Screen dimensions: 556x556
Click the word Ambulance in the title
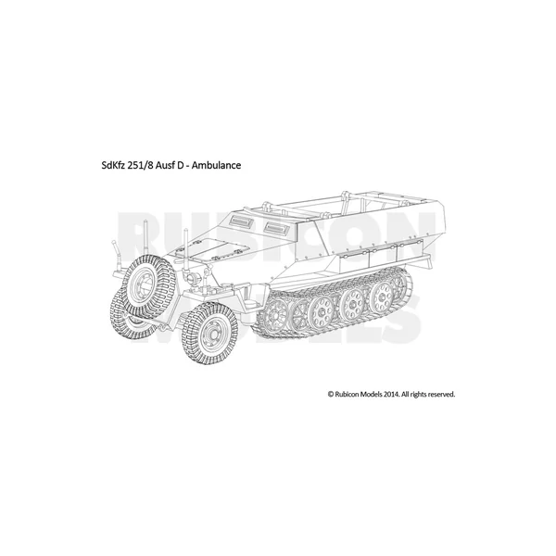point(216,165)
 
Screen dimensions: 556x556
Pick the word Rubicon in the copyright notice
point(347,394)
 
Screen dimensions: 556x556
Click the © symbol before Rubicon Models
point(331,395)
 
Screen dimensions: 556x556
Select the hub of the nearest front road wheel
point(210,333)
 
